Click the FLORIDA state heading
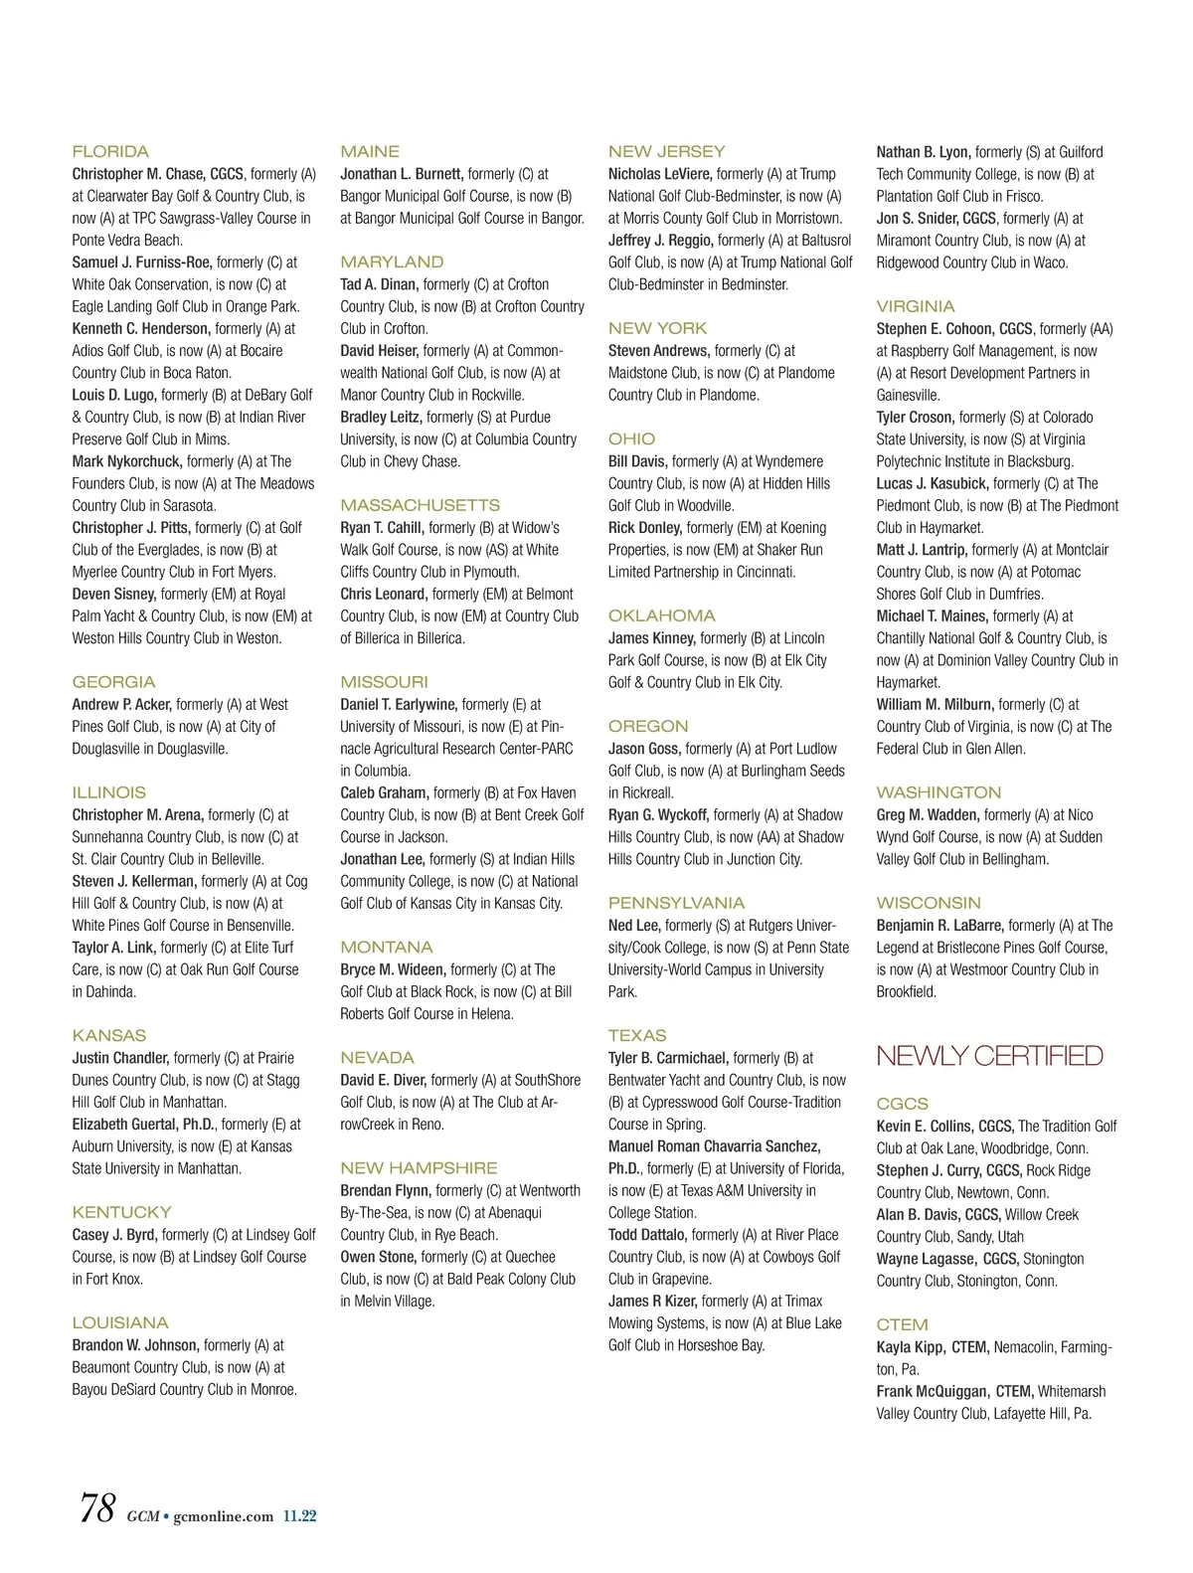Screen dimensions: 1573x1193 click(110, 152)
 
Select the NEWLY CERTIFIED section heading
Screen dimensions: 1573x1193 click(989, 1056)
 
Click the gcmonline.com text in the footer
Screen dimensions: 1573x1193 click(223, 1516)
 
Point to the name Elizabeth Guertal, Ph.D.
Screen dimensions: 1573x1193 click(143, 1125)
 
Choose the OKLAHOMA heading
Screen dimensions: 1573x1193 click(661, 616)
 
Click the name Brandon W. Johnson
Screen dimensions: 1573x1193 click(135, 1345)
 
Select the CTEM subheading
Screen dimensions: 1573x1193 click(902, 1325)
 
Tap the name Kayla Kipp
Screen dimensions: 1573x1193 click(911, 1347)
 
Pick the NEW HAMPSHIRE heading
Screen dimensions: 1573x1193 click(419, 1168)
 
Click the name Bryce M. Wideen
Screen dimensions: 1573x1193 click(393, 969)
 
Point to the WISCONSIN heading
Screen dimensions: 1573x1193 click(929, 904)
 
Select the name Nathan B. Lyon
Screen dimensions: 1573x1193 click(923, 152)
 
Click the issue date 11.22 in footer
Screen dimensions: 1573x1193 click(299, 1516)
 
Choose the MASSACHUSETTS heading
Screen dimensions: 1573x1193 click(420, 506)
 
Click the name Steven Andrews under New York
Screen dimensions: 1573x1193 click(658, 351)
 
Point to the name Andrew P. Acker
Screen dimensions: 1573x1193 click(121, 705)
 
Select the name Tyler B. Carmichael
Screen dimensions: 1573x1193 click(668, 1058)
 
